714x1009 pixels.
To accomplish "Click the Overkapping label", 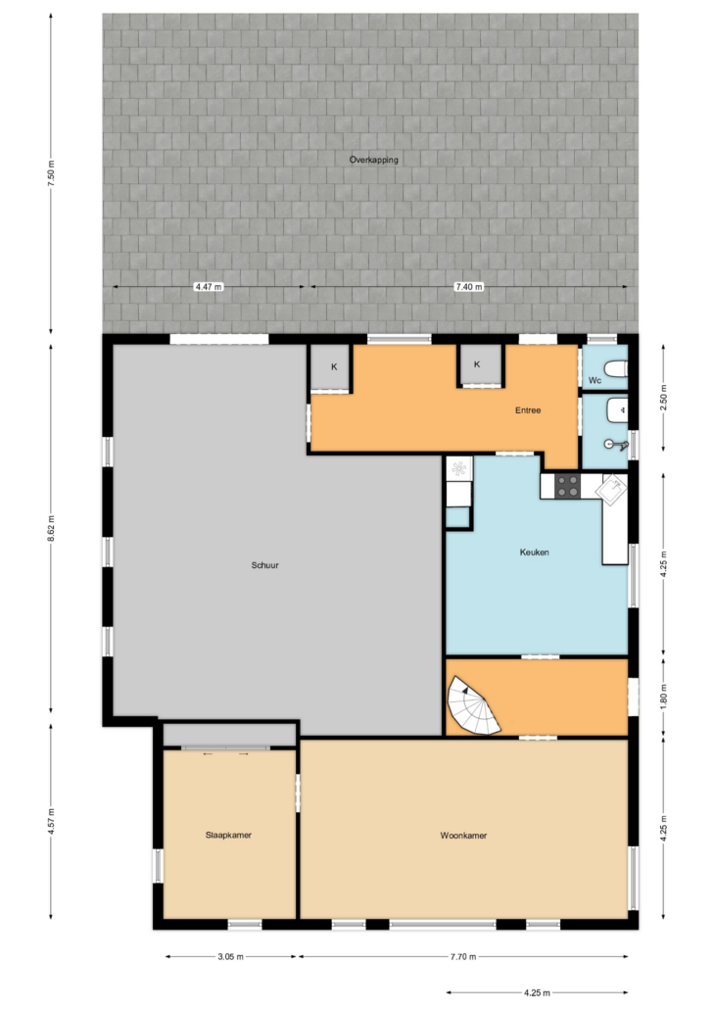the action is pos(374,160).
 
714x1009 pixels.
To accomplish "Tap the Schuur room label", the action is pos(265,565).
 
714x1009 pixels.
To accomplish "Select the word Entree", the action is pos(528,409).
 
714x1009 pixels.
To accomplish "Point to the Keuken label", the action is pos(535,553).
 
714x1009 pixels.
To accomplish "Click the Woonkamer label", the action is pos(464,836).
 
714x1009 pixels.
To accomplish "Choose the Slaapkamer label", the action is pos(228,835).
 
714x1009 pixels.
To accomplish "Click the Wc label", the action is pos(595,380).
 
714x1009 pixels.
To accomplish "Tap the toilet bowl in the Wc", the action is pos(616,368).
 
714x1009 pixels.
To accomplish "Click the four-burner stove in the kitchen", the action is pos(568,487).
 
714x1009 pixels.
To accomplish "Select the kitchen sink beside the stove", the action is pos(611,489).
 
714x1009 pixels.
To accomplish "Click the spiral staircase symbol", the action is pos(475,705).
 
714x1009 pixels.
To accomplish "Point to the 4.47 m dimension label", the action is pos(209,287).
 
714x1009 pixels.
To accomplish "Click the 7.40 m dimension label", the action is pos(469,287).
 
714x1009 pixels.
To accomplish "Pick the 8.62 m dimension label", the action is pos(52,528).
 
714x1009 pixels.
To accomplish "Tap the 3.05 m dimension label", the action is pos(230,957).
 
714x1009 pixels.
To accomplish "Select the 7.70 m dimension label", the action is pos(463,957).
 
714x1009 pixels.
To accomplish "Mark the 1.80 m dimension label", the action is pos(664,696).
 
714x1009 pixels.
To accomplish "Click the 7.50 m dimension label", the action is pos(52,173).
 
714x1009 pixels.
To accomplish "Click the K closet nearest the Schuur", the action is pos(331,367).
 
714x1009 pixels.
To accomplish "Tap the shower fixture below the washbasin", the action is pos(616,444).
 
